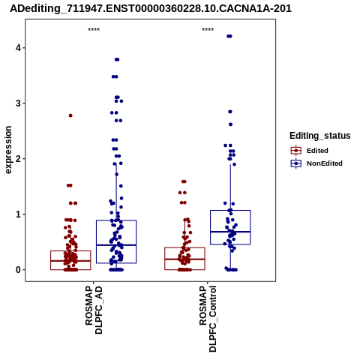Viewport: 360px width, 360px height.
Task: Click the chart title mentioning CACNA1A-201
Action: point(151,8)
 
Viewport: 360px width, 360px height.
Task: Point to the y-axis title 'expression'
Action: point(8,150)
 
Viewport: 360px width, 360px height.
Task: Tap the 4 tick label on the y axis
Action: point(18,48)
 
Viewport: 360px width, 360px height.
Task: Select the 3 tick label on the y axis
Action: point(18,103)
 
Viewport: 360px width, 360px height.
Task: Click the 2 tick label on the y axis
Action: point(18,159)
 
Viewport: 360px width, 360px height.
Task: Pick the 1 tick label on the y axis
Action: point(18,214)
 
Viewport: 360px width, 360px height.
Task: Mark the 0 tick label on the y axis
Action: point(18,270)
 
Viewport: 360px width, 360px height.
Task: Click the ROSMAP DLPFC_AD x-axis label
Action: point(94,310)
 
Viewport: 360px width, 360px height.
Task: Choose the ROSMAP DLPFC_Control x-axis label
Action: point(208,319)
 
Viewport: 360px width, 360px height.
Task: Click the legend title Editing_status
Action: point(320,136)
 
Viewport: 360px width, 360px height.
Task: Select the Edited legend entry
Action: point(310,151)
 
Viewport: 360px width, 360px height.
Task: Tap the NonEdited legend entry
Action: point(316,163)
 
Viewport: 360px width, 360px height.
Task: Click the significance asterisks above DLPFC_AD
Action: point(94,30)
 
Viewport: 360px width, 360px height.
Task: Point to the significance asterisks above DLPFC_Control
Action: point(208,30)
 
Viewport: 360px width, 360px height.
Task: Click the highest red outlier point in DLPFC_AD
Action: point(70,115)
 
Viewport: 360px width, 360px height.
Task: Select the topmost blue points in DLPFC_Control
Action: point(229,36)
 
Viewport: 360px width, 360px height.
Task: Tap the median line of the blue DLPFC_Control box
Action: point(230,232)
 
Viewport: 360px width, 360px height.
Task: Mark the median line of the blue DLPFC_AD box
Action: point(116,245)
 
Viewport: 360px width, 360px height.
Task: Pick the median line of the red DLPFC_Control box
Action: point(184,259)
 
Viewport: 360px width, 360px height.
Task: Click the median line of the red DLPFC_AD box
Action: point(70,261)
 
